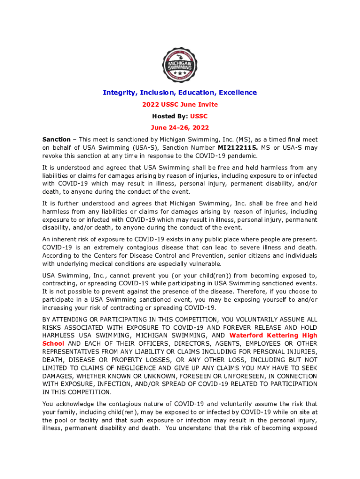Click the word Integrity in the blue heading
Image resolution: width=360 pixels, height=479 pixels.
coord(118,93)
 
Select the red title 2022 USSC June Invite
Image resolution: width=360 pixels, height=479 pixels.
coord(180,104)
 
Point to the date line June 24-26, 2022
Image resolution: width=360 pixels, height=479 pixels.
coord(180,127)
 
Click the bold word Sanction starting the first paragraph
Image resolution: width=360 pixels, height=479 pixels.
coord(56,139)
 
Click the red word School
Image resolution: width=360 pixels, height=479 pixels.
coord(53,343)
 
